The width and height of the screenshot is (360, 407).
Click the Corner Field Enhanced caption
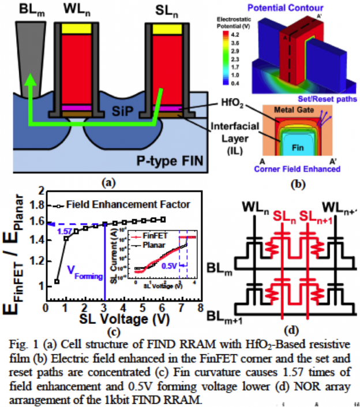[298, 170]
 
